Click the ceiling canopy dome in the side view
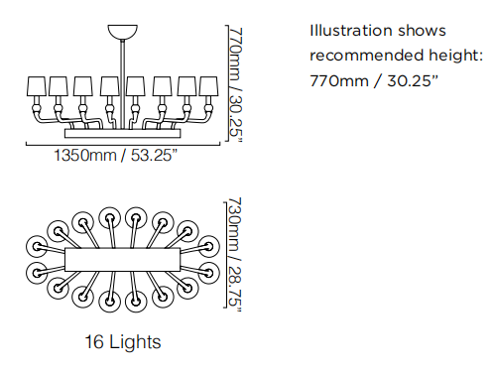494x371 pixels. coord(122,32)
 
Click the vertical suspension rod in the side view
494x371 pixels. coord(123,84)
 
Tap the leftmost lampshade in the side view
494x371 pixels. coord(36,86)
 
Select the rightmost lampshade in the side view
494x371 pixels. coord(208,86)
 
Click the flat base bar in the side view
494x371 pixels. coord(123,133)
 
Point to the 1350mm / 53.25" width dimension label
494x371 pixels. coord(116,155)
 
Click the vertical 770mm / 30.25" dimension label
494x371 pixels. coord(236,85)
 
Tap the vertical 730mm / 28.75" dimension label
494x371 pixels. coord(235,255)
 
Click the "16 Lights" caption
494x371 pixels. coord(123,341)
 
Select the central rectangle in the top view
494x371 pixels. coord(123,259)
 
